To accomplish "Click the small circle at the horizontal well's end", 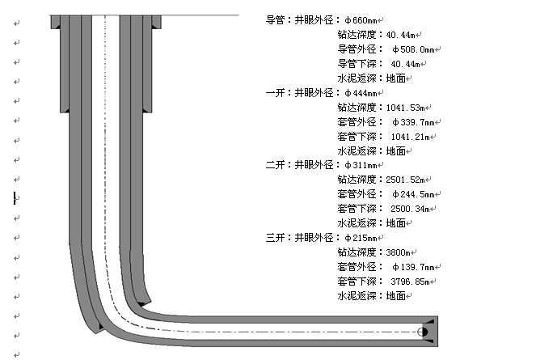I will (422, 332).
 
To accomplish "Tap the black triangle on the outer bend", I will (99, 327).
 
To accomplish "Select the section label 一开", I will (275, 93).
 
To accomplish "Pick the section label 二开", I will (275, 166).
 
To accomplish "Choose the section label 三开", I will (275, 238).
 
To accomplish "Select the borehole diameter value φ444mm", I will (361, 93).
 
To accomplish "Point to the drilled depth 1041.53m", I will (407, 108).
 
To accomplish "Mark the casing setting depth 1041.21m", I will (411, 137).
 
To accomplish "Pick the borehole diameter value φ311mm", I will (361, 166).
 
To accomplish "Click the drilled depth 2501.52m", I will (407, 180).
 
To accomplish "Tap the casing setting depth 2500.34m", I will (411, 209).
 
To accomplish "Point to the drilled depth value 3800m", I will (400, 252).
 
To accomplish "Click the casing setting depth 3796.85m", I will (411, 282).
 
